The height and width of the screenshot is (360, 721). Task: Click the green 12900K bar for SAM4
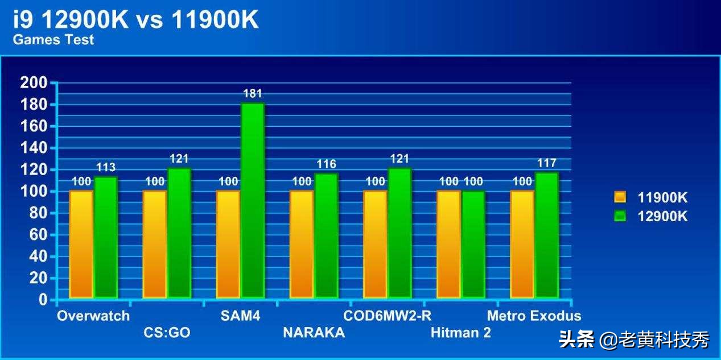tap(253, 200)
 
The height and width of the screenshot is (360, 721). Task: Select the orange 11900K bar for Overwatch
tap(81, 244)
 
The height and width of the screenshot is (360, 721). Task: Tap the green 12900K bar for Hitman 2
tap(473, 244)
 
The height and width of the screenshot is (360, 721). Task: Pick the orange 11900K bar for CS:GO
tap(154, 244)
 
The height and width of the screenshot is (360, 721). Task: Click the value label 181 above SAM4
tap(252, 94)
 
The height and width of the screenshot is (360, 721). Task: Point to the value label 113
tap(105, 167)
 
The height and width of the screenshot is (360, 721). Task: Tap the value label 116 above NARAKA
tap(326, 164)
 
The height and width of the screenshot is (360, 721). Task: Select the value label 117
tap(546, 163)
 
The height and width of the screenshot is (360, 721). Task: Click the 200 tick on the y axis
tap(34, 83)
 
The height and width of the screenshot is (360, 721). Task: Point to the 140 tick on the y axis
tap(34, 148)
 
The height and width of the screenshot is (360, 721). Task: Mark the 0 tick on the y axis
tap(43, 300)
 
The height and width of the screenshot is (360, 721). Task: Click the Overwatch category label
tap(93, 316)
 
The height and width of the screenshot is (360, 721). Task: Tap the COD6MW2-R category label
tap(388, 316)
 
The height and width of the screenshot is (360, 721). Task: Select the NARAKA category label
tap(314, 333)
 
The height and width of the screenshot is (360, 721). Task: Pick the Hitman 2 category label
tap(460, 333)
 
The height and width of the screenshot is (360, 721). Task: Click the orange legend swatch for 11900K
tap(620, 197)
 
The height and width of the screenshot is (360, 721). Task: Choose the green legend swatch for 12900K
tap(620, 216)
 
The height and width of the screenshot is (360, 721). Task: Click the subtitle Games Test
tap(53, 40)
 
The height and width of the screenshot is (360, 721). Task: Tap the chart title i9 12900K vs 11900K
tap(136, 20)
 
